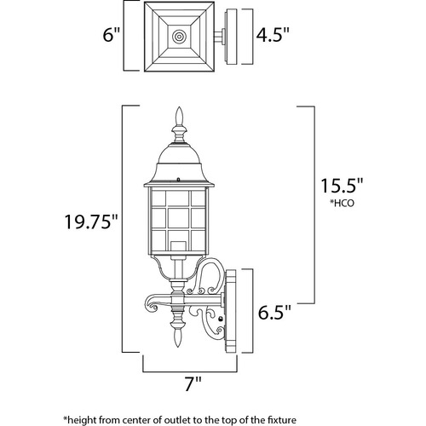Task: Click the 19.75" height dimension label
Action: [91, 222]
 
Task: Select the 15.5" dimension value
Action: [338, 186]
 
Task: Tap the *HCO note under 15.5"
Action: [342, 203]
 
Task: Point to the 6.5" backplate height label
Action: [274, 312]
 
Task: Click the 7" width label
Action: [193, 383]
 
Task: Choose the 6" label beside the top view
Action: [112, 35]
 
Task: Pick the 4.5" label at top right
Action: [273, 35]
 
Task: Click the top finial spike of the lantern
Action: [179, 116]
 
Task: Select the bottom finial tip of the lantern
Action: [178, 338]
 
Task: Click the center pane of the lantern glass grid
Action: [178, 218]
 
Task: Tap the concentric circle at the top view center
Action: [179, 37]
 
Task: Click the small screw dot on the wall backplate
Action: [220, 319]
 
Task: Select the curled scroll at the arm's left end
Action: [153, 305]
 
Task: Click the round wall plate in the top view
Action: [231, 37]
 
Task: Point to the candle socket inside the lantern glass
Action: [178, 246]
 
